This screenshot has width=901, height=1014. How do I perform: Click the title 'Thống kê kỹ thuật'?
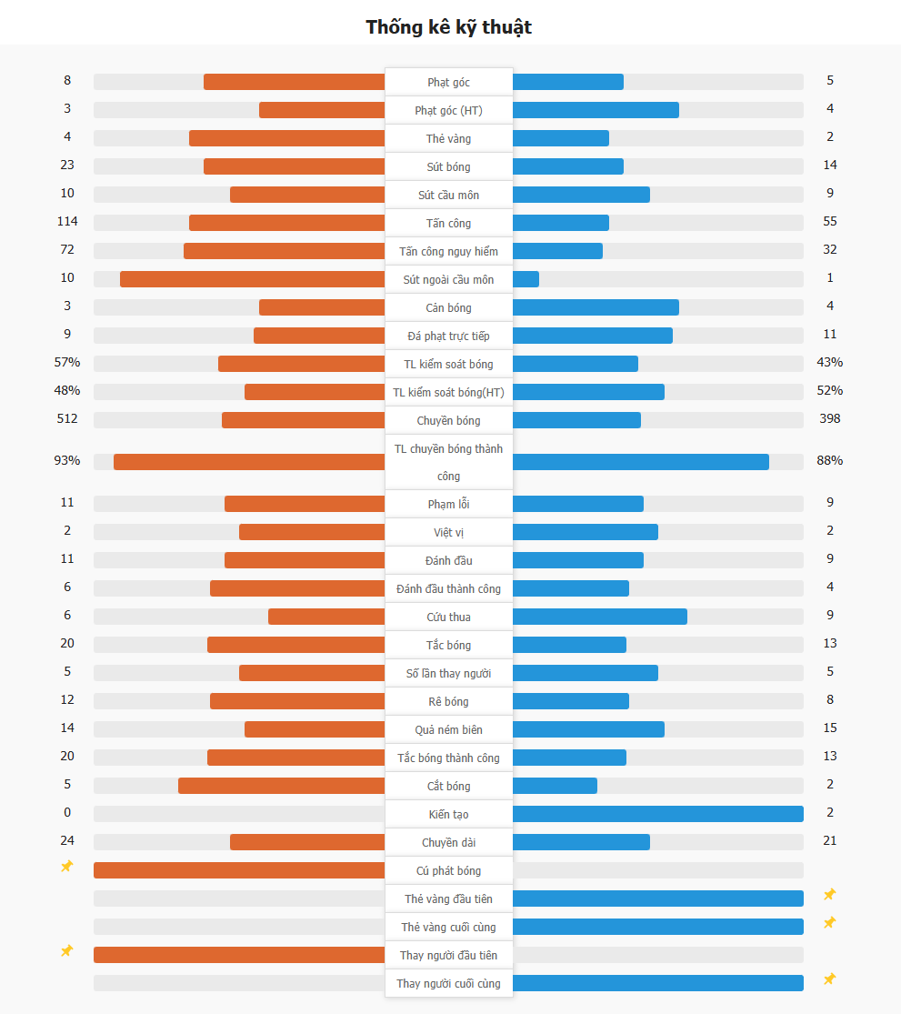[x=449, y=27]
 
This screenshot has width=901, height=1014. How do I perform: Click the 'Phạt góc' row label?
[x=449, y=82]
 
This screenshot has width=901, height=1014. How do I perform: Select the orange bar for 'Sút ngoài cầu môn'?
[x=252, y=279]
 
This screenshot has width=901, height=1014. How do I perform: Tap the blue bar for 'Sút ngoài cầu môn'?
[x=526, y=279]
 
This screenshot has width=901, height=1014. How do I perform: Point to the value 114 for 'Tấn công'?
[x=67, y=221]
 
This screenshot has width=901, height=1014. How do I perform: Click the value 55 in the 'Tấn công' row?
[x=829, y=221]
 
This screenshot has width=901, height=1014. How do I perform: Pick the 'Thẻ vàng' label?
[x=449, y=138]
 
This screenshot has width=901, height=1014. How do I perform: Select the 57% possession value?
[x=67, y=362]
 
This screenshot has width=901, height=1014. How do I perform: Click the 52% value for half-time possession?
[x=829, y=390]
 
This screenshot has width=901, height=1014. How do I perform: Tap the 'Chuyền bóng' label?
[x=449, y=420]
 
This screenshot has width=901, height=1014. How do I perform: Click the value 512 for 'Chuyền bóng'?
[x=67, y=418]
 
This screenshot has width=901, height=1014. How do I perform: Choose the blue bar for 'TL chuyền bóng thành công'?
[x=640, y=462]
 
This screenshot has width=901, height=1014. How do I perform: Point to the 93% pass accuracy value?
[x=67, y=460]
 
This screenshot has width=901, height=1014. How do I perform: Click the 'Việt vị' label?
[x=449, y=532]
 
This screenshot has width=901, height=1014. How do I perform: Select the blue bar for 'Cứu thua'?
[x=599, y=617]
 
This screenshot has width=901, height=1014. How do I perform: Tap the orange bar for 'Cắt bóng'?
[x=281, y=786]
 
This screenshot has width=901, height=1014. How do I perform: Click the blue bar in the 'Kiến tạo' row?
[x=657, y=814]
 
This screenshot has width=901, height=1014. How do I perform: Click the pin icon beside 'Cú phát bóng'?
[x=66, y=867]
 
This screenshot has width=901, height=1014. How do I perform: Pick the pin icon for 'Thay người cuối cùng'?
[x=829, y=979]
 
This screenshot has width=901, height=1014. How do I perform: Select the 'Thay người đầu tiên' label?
[x=449, y=955]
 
